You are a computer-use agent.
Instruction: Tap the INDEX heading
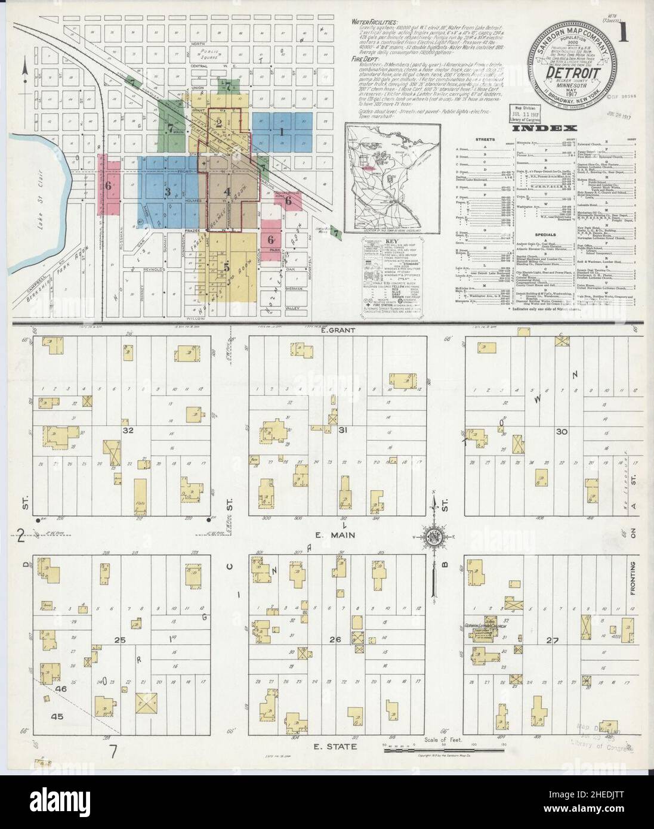click(x=543, y=128)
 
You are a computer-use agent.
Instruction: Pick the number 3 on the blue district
click(x=168, y=192)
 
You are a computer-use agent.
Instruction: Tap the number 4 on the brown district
click(x=227, y=192)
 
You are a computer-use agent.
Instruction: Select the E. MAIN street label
click(x=340, y=535)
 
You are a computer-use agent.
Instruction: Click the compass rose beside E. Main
click(x=433, y=536)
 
